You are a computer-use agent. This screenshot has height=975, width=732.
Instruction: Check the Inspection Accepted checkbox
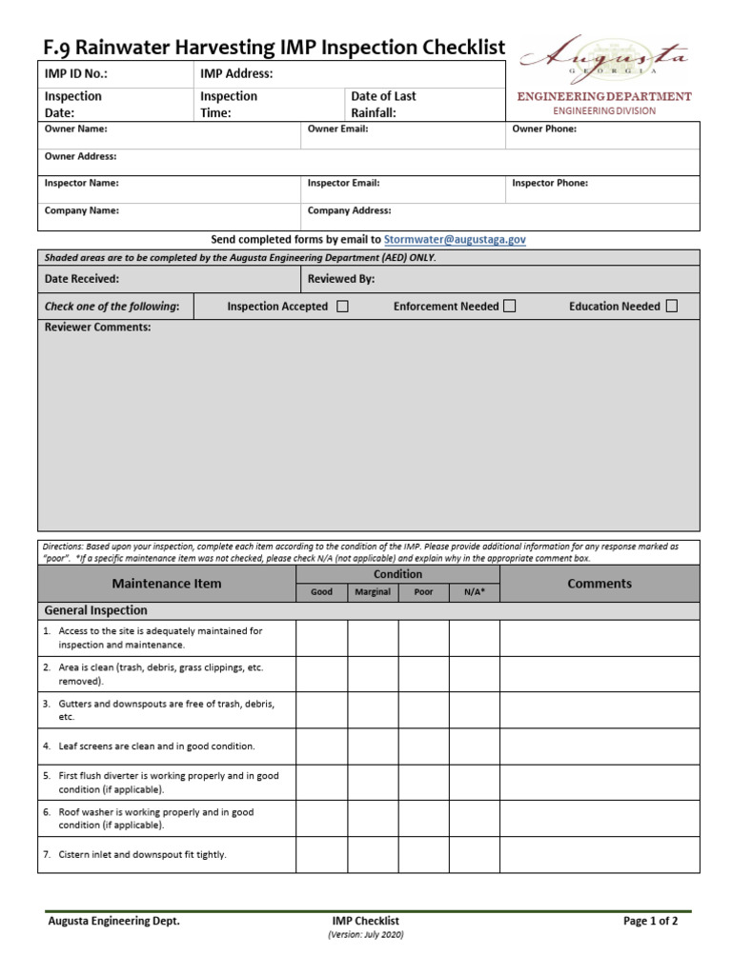pos(343,307)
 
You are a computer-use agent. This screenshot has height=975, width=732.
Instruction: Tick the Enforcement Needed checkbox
pos(510,307)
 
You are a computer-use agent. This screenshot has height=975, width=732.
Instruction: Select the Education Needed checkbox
pos(672,307)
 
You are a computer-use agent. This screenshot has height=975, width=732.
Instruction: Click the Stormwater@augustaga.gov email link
pos(455,240)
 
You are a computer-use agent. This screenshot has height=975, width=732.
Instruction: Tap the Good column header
pos(321,592)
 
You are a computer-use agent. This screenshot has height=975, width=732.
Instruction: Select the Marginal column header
pos(373,592)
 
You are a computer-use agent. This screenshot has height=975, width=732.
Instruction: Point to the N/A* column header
pos(474,592)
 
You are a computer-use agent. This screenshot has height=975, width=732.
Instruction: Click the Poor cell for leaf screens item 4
pos(423,747)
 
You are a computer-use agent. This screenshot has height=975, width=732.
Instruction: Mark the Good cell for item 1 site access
pos(321,638)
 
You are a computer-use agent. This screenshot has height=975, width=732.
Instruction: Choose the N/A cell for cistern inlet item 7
pos(474,855)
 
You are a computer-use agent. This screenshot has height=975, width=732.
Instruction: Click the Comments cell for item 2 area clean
pos(600,674)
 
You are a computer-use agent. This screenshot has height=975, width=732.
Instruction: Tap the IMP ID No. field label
pos(76,73)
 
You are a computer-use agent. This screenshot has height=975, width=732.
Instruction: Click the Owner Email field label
pos(337,129)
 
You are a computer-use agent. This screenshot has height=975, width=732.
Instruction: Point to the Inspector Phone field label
pos(550,183)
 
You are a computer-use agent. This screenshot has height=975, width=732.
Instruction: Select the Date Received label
pos(82,279)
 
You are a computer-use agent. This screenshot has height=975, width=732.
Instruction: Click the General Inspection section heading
pos(96,610)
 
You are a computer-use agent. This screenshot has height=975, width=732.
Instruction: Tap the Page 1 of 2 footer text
pos(651,921)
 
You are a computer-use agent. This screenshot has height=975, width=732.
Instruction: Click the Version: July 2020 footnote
pos(366,936)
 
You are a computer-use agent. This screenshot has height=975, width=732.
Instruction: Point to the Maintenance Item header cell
pos(167,584)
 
